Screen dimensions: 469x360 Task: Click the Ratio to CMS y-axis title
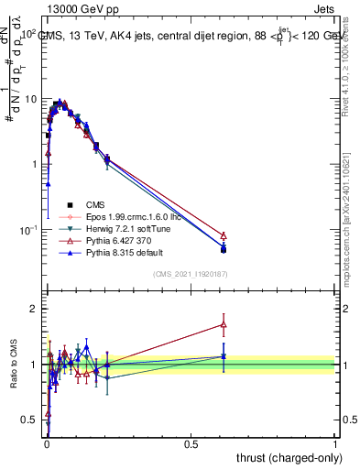coord(13,365)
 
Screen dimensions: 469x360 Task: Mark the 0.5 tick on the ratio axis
coord(33,420)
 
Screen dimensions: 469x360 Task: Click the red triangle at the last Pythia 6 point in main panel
coord(224,235)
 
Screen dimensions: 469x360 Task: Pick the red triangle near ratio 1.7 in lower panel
coord(224,324)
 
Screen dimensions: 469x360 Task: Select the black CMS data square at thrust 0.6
coord(224,249)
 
